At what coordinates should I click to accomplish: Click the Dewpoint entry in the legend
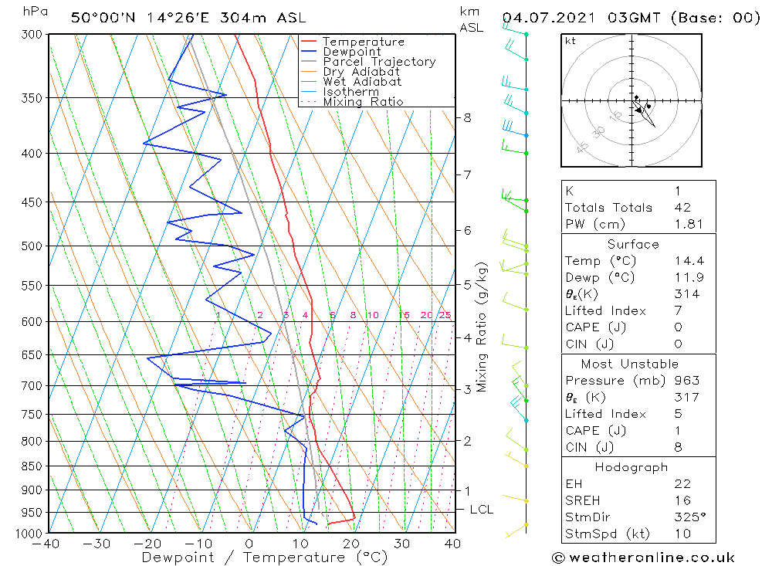[x=350, y=52]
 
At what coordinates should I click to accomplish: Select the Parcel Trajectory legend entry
[x=379, y=62]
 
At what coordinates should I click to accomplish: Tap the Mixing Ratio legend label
[x=363, y=102]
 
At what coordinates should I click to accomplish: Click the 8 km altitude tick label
[x=468, y=118]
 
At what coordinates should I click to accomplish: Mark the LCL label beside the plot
[x=481, y=510]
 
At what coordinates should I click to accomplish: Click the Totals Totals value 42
[x=682, y=207]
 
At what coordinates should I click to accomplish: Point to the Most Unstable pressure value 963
[x=686, y=380]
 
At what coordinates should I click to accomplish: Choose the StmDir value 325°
[x=689, y=516]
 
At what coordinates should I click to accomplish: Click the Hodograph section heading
[x=631, y=467]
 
